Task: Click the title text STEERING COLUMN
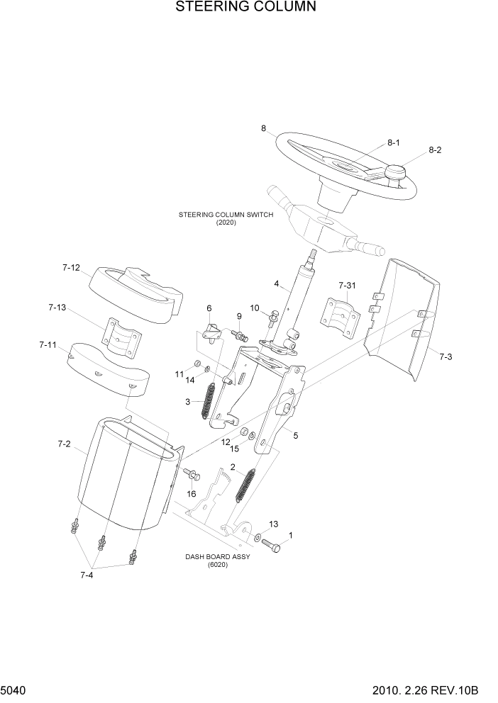(x=235, y=8)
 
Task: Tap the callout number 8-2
(x=435, y=150)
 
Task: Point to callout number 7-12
(x=71, y=268)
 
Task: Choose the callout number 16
(x=191, y=493)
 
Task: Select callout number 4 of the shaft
(x=276, y=285)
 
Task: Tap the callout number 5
(x=296, y=435)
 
